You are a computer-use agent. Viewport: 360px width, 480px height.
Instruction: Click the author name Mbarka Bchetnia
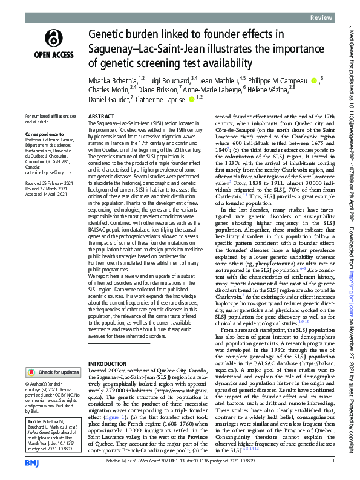pyautogui.click(x=112, y=80)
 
